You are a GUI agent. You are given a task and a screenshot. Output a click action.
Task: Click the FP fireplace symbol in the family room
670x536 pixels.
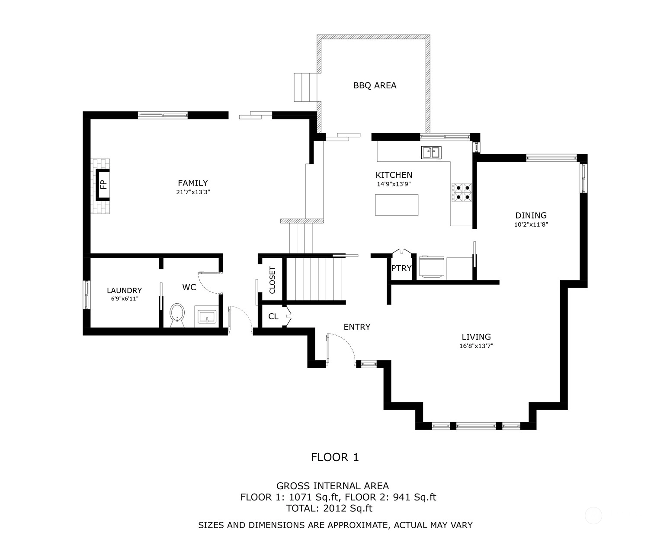click(x=103, y=185)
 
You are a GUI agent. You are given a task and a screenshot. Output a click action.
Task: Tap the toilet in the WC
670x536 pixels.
click(x=177, y=315)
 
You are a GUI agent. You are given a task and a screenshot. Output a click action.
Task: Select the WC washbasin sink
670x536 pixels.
click(x=207, y=317)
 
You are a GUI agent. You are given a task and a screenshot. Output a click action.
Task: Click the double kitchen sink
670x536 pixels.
click(x=431, y=153)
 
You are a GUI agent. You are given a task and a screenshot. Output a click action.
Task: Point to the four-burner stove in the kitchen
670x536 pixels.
click(x=462, y=192)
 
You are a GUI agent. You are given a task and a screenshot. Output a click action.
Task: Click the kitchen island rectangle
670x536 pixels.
click(x=397, y=205)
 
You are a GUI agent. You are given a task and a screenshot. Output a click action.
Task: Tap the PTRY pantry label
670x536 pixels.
click(x=401, y=268)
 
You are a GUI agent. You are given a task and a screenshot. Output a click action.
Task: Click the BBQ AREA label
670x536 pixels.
click(x=375, y=86)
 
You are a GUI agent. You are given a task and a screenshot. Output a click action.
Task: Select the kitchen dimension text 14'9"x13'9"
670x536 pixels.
click(x=394, y=184)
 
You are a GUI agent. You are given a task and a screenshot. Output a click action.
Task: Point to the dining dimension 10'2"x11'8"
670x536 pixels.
click(x=531, y=224)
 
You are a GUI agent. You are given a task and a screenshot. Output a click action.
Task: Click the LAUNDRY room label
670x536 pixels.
click(x=124, y=291)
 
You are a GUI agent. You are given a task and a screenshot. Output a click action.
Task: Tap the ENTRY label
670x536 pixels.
click(x=357, y=327)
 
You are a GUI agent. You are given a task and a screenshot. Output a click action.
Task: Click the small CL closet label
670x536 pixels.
click(x=273, y=316)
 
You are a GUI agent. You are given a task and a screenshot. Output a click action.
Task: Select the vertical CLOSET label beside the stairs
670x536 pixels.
click(x=272, y=280)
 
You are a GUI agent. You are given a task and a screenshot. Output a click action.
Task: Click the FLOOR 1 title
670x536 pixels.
click(x=335, y=457)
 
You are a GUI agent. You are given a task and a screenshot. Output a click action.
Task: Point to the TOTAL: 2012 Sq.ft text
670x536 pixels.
click(x=329, y=508)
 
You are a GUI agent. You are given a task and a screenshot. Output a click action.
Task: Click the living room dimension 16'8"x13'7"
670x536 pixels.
click(x=476, y=346)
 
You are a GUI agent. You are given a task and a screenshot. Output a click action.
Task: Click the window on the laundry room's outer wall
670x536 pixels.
click(x=87, y=295)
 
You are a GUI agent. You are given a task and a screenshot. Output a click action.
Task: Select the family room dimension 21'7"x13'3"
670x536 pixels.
click(x=193, y=192)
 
